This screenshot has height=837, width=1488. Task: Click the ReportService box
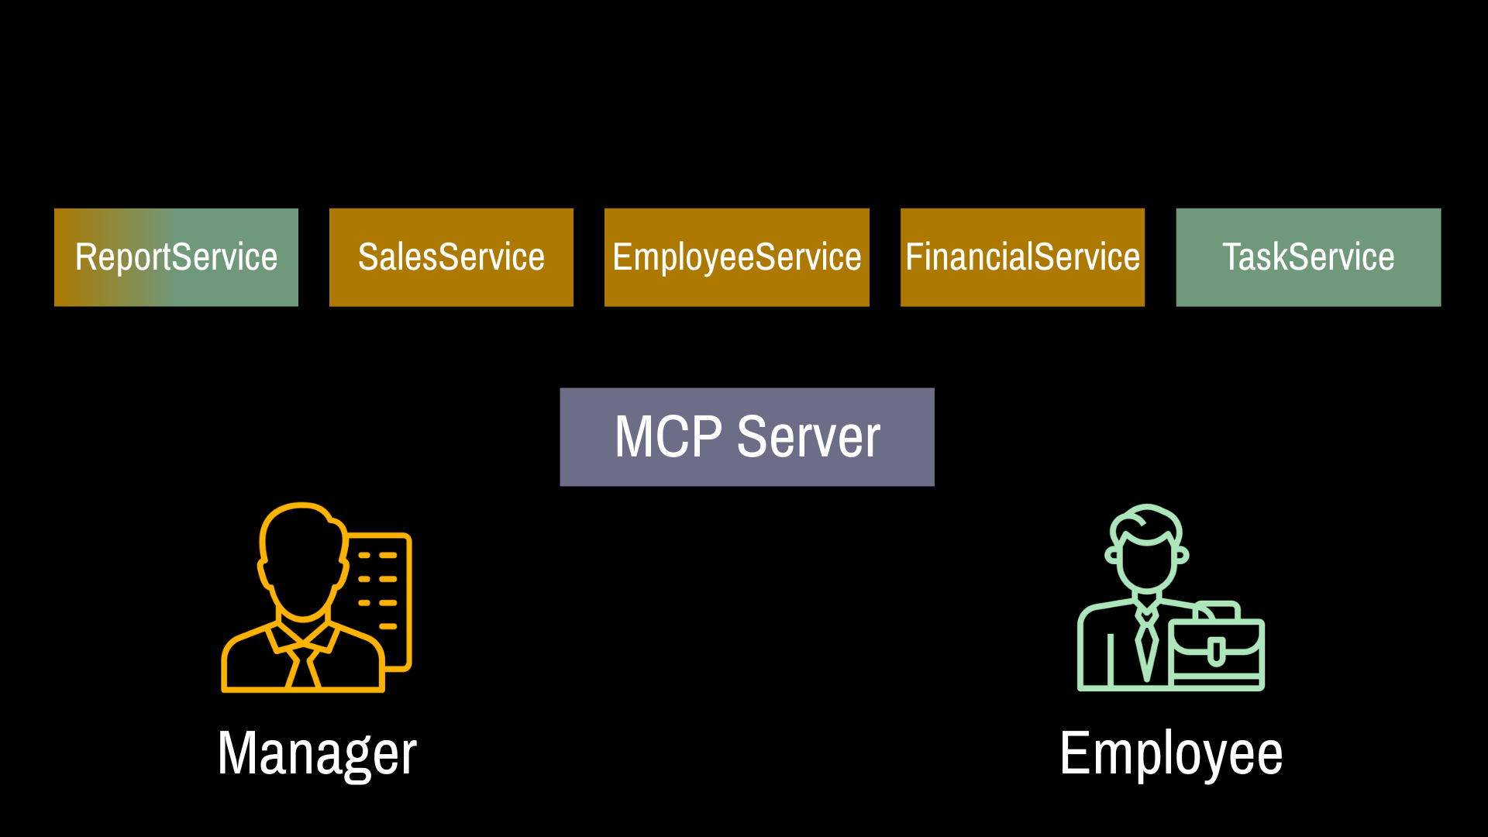pos(176,257)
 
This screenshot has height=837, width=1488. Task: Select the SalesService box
pos(451,257)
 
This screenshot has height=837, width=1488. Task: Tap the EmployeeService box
pos(736,257)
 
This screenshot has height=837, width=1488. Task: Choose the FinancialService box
pos(1022,257)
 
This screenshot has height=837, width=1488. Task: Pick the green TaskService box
pos(1308,257)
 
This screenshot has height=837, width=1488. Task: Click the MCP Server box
pos(747,437)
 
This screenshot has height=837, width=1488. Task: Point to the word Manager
pos(317,753)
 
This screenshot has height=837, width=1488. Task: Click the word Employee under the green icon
pos(1171,753)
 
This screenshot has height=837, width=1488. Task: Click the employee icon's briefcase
pos(1216,647)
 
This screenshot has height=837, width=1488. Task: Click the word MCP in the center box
pos(668,437)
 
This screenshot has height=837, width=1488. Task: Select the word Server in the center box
pos(808,437)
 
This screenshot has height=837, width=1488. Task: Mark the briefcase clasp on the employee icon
pos(1217,652)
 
